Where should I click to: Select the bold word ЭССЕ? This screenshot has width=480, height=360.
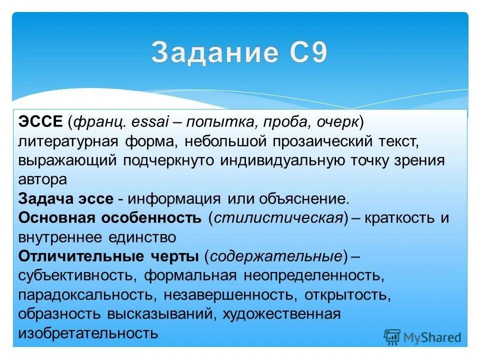(x=40, y=121)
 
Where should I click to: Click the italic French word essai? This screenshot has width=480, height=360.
(x=149, y=121)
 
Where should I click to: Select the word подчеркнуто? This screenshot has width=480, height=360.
(x=160, y=160)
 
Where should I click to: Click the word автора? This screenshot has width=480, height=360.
(x=42, y=179)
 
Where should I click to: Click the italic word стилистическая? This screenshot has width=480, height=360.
(x=277, y=217)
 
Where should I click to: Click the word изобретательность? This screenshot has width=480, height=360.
(x=88, y=332)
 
